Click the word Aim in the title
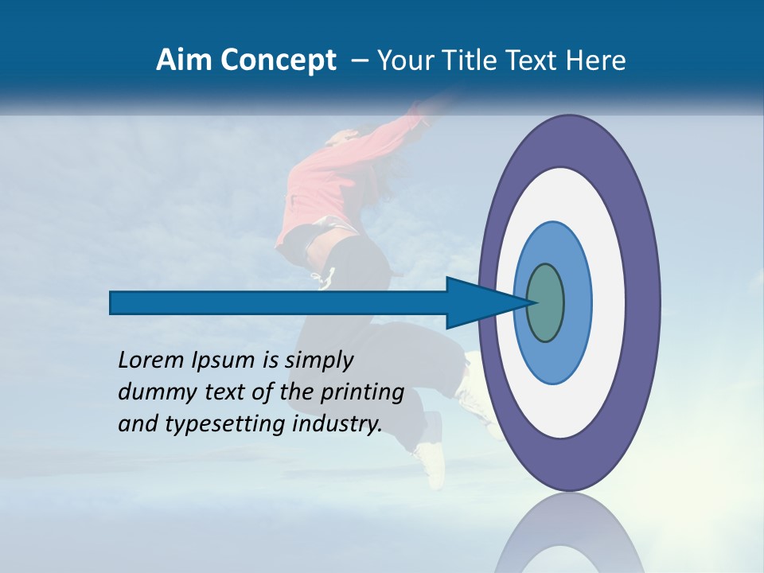pos(179,60)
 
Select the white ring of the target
pos(609,302)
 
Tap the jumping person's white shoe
pos(431,462)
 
